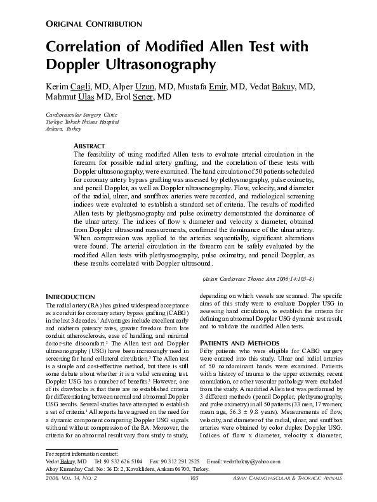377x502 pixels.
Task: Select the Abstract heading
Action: pos(90,146)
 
